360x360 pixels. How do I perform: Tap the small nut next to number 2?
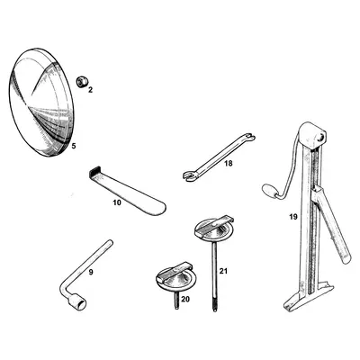[x=81, y=80]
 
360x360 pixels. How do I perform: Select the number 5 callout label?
[x=74, y=145]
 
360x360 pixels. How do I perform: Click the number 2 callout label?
[x=90, y=89]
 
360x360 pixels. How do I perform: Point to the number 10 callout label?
[x=116, y=203]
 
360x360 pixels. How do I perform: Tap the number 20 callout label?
[x=186, y=299]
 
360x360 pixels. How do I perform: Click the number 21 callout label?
[x=223, y=271]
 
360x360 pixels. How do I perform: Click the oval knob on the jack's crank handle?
[x=269, y=190]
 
